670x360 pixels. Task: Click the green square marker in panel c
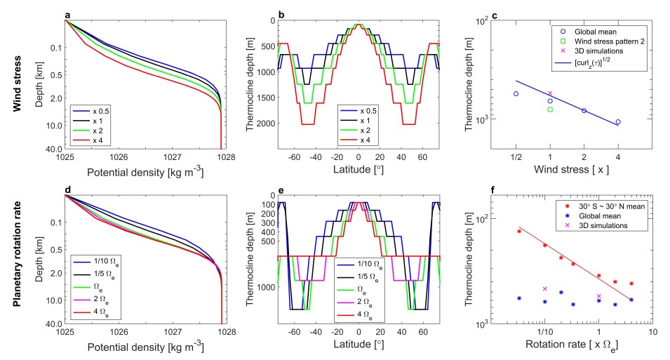pos(550,109)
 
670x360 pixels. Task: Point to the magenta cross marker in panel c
pos(550,93)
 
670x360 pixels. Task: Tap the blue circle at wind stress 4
pos(617,122)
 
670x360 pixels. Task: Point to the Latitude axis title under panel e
pos(359,347)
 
